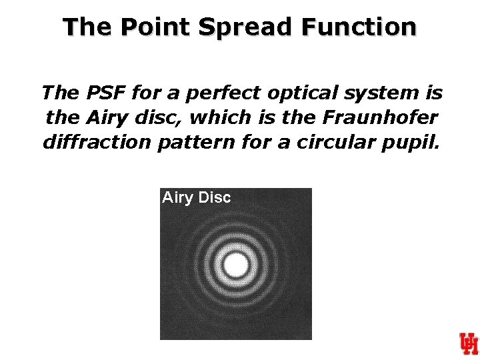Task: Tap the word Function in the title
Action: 359,27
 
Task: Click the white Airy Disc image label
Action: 196,197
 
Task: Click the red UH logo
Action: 468,343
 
